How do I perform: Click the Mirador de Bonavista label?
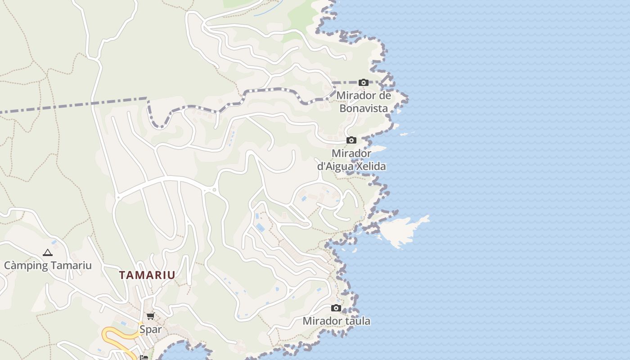pyautogui.click(x=364, y=102)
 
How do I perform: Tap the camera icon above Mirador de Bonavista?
pyautogui.click(x=364, y=82)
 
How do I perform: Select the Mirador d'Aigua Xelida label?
pyautogui.click(x=351, y=160)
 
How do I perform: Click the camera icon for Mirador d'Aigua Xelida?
pyautogui.click(x=351, y=140)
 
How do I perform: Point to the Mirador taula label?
pyautogui.click(x=336, y=321)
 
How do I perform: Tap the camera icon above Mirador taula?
pyautogui.click(x=336, y=308)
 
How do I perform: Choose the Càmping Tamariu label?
pyautogui.click(x=48, y=265)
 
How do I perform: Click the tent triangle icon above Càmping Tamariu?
pyautogui.click(x=48, y=253)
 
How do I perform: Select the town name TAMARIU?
pyautogui.click(x=147, y=275)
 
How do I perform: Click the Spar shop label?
pyautogui.click(x=150, y=329)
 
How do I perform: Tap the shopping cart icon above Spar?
pyautogui.click(x=150, y=316)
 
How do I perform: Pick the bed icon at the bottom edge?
pyautogui.click(x=144, y=357)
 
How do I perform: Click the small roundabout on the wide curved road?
pyautogui.click(x=214, y=190)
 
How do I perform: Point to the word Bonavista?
pyautogui.click(x=364, y=108)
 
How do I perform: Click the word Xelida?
pyautogui.click(x=371, y=166)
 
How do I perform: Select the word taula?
pyautogui.click(x=356, y=321)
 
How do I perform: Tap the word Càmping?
pyautogui.click(x=24, y=265)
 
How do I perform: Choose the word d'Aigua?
pyautogui.click(x=335, y=166)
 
